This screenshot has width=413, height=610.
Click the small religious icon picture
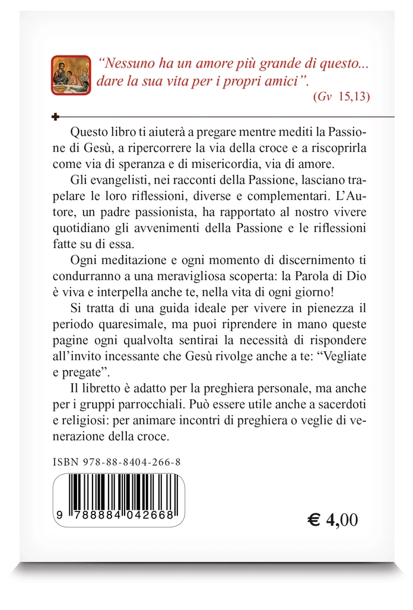click(71, 75)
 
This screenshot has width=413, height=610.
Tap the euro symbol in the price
click(314, 520)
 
